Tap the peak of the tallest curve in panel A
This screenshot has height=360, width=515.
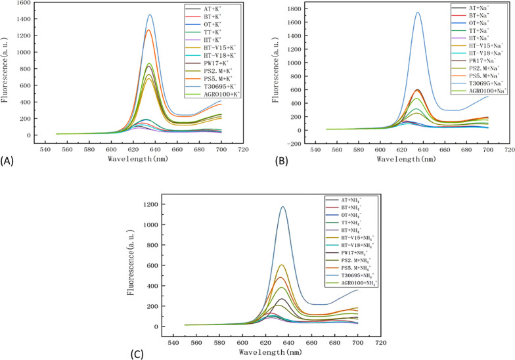[x=150, y=15]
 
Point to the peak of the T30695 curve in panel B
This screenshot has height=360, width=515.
[x=417, y=12]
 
